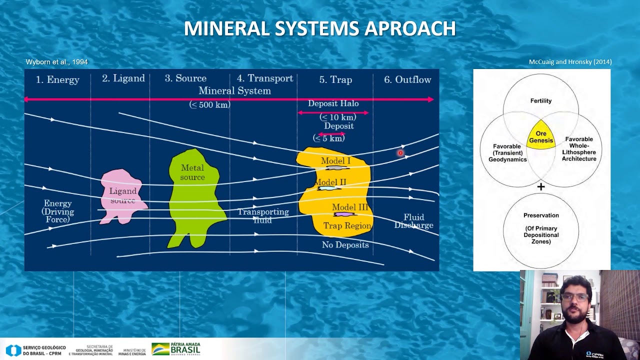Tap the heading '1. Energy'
pos(57,79)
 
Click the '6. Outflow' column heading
pos(407,79)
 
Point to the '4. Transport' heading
pos(265,78)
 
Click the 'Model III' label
pos(350,207)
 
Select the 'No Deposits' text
pos(345,245)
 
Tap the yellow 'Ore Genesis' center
pos(541,136)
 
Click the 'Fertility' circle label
pos(541,101)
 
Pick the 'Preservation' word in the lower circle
pos(541,215)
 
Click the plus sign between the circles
pos(541,187)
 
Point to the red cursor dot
pos(400,153)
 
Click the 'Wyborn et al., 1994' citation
pos(56,62)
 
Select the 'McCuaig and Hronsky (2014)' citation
pos(570,62)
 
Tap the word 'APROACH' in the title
pos(410,29)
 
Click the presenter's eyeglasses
pos(574,297)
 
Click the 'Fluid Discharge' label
pos(414,221)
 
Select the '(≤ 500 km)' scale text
pos(210,105)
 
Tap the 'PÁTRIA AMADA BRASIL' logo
pos(176,348)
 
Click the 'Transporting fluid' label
pos(263,215)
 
